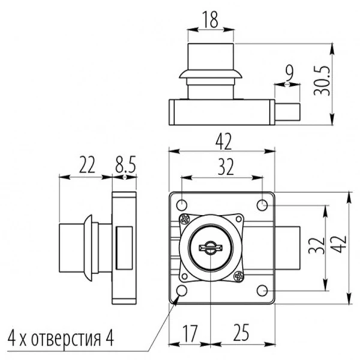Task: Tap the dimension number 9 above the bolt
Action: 289,74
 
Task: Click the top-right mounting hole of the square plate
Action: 262,205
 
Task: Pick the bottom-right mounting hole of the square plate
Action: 262,290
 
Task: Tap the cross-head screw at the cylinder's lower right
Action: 238,276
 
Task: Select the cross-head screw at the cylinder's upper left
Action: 184,220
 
